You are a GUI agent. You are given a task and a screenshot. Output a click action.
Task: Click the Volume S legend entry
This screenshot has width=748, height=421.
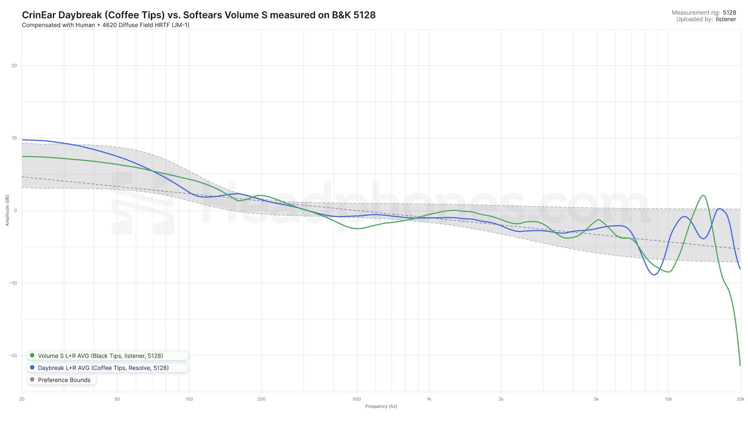click(x=100, y=356)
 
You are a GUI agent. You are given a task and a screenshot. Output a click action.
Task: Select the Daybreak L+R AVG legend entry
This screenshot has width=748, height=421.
click(x=103, y=368)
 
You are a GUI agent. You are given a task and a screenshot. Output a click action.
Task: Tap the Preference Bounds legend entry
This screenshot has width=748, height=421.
click(x=64, y=380)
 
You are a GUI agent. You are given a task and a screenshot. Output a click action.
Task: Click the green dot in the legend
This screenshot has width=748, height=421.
click(x=32, y=356)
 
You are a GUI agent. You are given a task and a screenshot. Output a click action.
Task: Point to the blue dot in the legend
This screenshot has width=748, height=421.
click(x=32, y=368)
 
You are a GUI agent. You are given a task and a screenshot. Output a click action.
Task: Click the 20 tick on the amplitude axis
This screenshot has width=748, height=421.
click(x=14, y=66)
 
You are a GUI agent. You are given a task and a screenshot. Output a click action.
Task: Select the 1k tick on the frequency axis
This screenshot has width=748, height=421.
click(x=429, y=399)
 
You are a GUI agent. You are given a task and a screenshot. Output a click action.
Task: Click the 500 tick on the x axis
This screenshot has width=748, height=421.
click(x=357, y=399)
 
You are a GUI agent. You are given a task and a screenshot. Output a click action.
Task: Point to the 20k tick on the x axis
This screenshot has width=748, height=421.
click(x=740, y=399)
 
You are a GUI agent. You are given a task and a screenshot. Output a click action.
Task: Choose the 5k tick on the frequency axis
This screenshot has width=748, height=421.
click(x=596, y=399)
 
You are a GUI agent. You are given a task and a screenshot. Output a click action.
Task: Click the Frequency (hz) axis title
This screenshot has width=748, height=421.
click(x=381, y=406)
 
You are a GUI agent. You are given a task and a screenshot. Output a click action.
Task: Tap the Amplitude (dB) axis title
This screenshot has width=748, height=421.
click(x=7, y=210)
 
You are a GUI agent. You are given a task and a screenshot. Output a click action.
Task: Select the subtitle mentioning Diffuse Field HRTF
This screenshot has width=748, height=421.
click(x=106, y=25)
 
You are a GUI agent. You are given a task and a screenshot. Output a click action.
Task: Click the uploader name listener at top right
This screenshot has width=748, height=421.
click(x=726, y=19)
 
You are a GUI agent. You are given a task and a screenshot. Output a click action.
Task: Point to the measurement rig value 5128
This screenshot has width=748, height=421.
click(x=729, y=13)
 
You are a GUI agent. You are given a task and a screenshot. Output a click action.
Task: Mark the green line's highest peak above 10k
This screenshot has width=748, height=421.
click(x=703, y=196)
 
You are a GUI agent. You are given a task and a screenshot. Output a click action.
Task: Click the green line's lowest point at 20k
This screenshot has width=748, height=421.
click(x=740, y=365)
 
